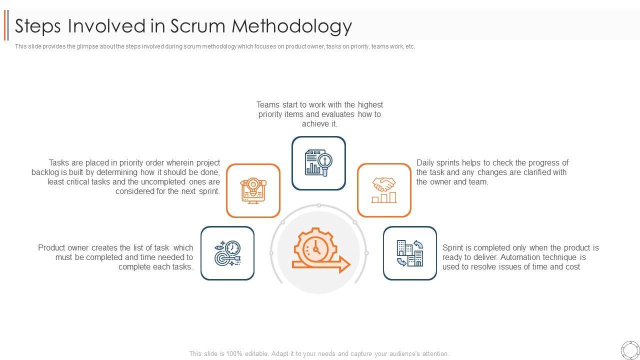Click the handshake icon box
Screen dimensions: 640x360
click(384, 190)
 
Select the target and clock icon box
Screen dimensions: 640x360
click(227, 253)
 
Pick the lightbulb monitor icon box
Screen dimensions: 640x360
click(253, 190)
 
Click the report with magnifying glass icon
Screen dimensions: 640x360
click(318, 163)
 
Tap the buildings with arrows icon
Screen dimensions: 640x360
click(410, 253)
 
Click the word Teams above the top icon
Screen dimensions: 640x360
click(268, 105)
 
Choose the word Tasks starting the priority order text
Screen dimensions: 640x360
click(60, 163)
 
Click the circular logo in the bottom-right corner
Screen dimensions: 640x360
click(629, 350)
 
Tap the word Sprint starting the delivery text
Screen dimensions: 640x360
click(453, 248)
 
